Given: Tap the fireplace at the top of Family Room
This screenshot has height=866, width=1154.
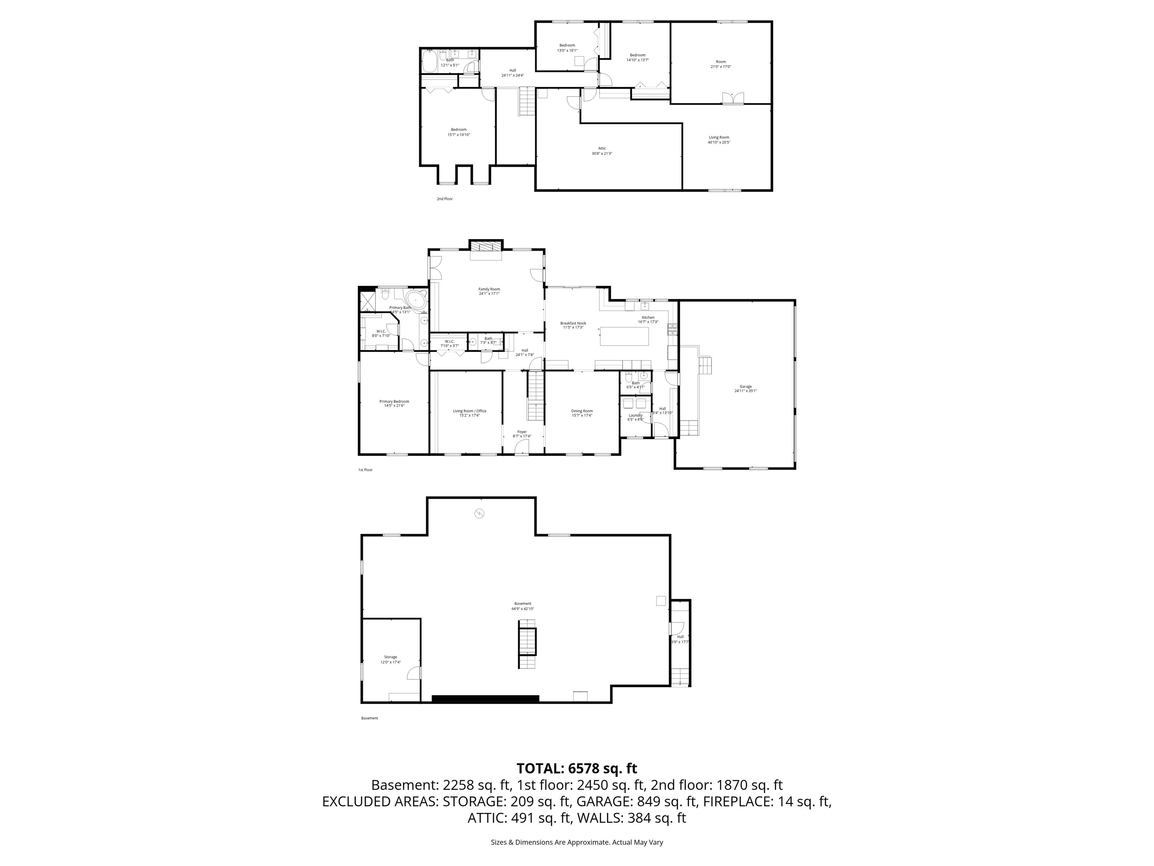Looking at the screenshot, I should pyautogui.click(x=486, y=247).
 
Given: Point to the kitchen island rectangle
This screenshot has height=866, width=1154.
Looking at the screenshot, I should pyautogui.click(x=624, y=336).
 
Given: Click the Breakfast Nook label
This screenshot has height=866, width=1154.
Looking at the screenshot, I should pyautogui.click(x=573, y=323).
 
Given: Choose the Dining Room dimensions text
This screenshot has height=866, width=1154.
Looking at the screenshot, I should pyautogui.click(x=582, y=415).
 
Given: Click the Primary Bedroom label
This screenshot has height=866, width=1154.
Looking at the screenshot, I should pyautogui.click(x=394, y=401).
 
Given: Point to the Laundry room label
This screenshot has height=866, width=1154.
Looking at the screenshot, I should pyautogui.click(x=636, y=415).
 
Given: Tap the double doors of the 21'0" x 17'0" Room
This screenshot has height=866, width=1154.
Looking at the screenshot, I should pyautogui.click(x=733, y=98).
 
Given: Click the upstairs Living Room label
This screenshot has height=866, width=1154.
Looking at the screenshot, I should pyautogui.click(x=718, y=138).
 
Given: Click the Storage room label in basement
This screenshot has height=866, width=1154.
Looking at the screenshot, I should pyautogui.click(x=390, y=657).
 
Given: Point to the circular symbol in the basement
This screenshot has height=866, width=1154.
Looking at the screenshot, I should pyautogui.click(x=479, y=514).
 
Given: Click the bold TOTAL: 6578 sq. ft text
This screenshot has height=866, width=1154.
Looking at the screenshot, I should pyautogui.click(x=577, y=768).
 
